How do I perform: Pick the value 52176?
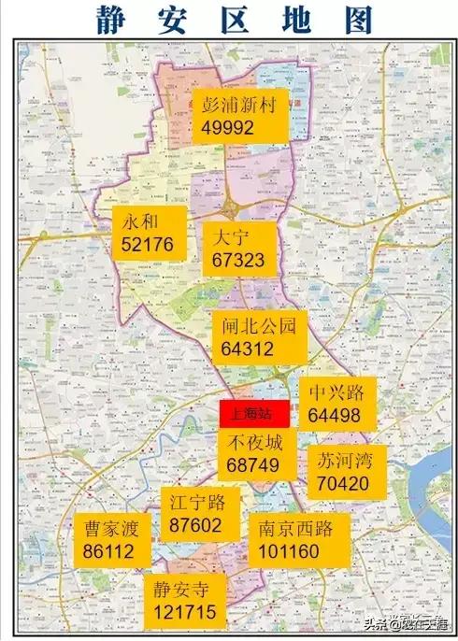tap(147, 246)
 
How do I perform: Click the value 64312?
tap(248, 349)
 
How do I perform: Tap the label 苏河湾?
tap(344, 462)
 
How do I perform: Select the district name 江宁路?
tap(196, 504)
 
